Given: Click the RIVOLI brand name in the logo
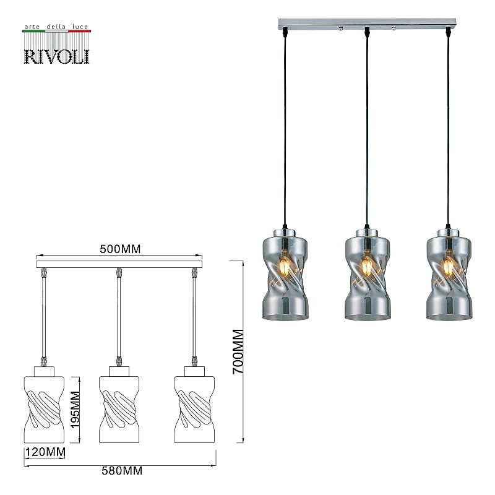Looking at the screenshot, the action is [57, 57].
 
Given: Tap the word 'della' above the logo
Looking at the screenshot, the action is [56, 27].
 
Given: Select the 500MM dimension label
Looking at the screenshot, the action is [120, 249].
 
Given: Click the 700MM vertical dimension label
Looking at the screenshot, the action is [238, 351].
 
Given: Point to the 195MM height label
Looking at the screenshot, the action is [75, 410].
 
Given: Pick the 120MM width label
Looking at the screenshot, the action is [45, 452].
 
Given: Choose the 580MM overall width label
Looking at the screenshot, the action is [122, 471].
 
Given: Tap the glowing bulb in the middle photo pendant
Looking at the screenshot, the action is [367, 266].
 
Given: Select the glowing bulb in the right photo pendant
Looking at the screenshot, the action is [448, 266].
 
